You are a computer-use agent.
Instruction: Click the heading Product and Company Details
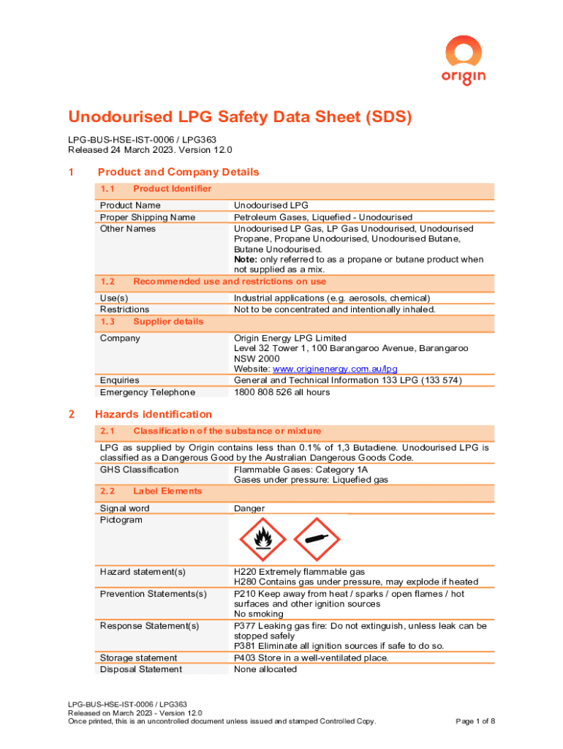pos(178,172)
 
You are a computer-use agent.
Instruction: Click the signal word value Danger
pos(249,508)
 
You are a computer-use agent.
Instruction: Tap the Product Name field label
pos(130,206)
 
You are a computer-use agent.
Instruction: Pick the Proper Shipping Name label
pos(148,217)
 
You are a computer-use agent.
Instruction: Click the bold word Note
pos(245,260)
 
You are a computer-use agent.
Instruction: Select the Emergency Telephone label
pos(148,392)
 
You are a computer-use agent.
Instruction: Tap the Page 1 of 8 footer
pos(475,721)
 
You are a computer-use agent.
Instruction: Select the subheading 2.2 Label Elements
pos(151,491)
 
